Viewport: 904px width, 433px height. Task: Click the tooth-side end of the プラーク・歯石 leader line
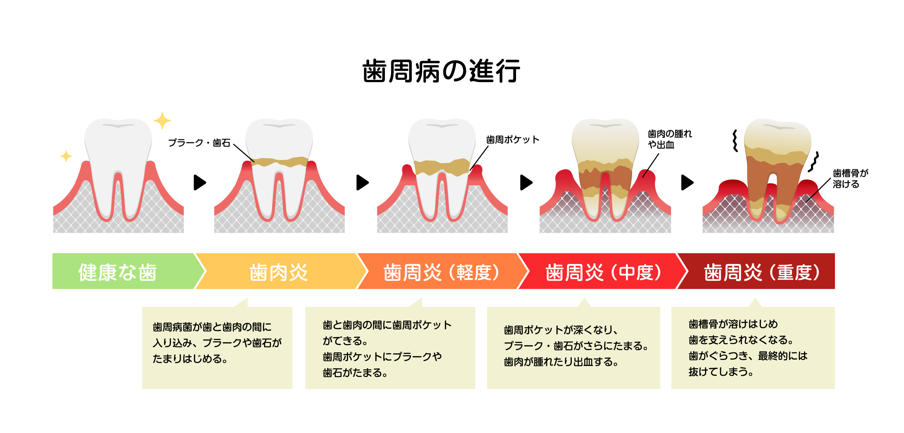255,162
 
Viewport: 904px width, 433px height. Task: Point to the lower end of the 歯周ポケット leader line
470,171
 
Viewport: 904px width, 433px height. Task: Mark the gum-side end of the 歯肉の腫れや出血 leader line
643,177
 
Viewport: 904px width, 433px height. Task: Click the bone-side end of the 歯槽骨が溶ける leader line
806,203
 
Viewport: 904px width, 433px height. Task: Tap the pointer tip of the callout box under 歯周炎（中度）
584,298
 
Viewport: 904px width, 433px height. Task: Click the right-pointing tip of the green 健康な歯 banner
206,271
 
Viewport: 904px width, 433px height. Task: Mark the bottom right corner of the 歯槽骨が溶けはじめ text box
835,389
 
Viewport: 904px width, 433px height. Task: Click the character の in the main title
454,72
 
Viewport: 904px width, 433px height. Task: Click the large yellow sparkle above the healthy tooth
162,120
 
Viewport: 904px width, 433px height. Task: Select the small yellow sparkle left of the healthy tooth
66,156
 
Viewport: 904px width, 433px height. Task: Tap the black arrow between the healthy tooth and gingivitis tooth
200,183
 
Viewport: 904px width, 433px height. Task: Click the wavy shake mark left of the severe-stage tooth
735,141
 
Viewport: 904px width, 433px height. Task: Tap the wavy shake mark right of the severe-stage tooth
814,162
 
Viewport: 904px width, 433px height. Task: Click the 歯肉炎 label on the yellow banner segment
279,272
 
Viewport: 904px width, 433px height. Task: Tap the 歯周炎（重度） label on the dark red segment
762,272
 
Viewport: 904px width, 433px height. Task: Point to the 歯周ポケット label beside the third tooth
513,140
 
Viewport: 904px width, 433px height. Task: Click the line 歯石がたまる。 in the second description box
355,373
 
